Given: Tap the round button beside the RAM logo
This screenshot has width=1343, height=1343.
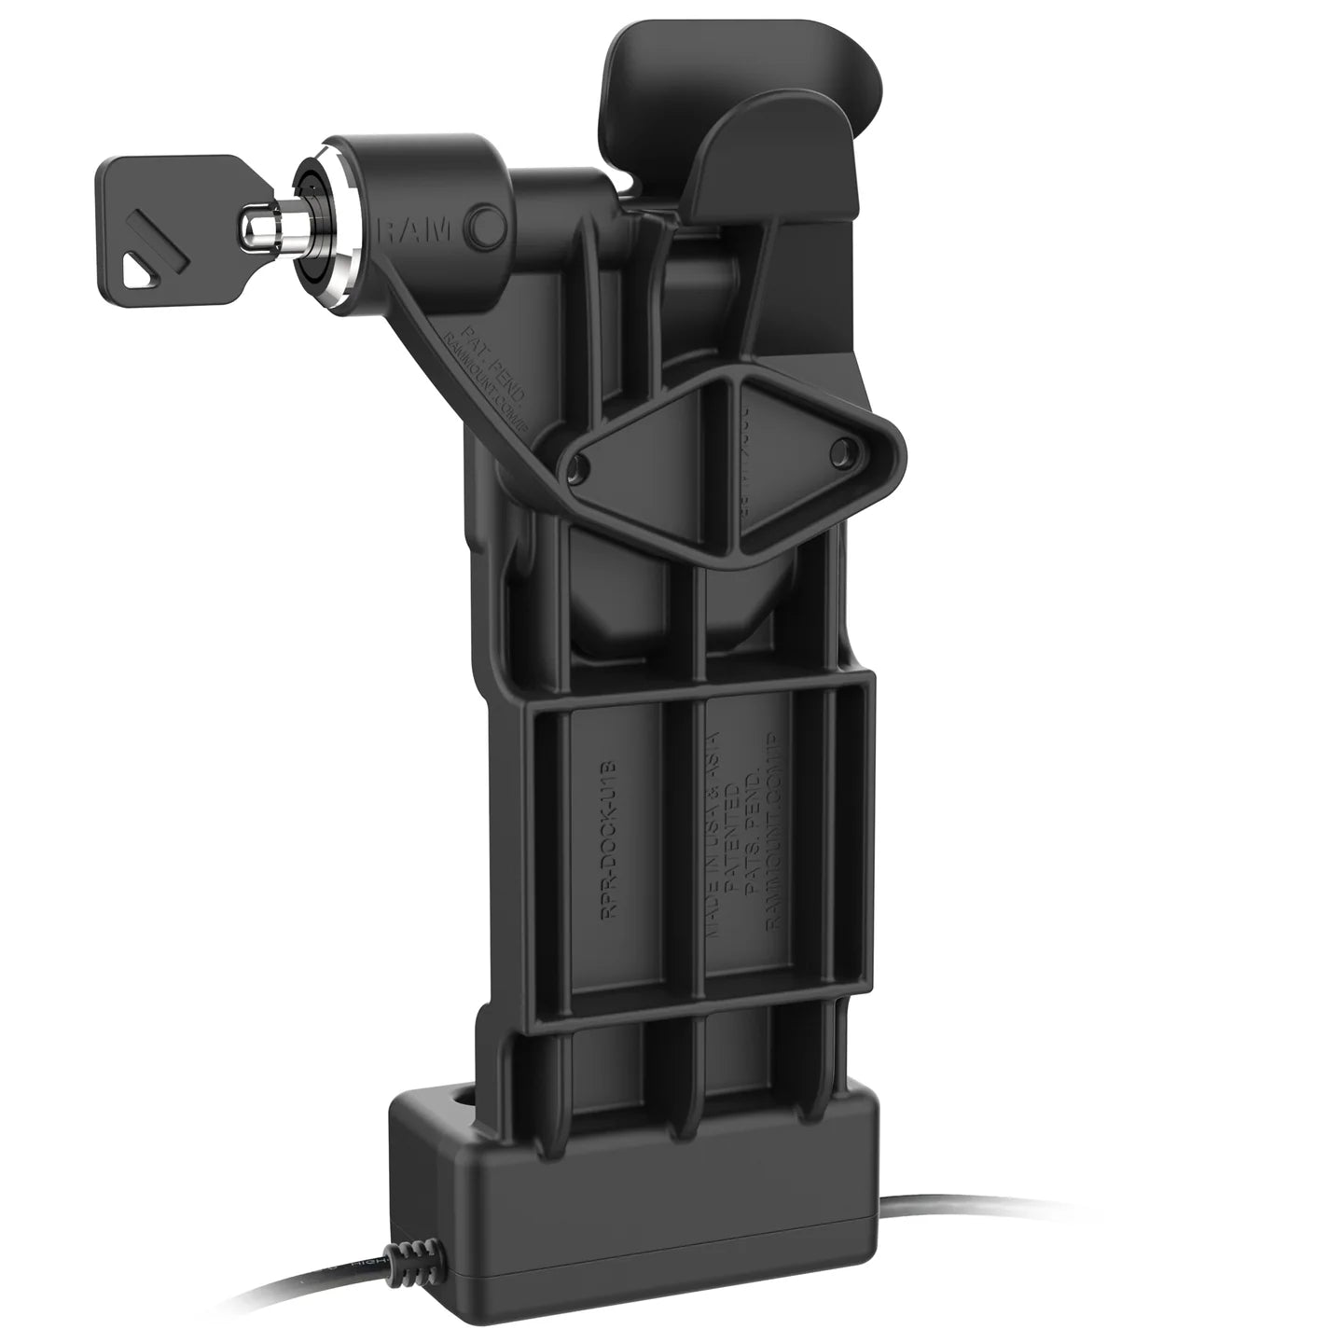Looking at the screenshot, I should (486, 228).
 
